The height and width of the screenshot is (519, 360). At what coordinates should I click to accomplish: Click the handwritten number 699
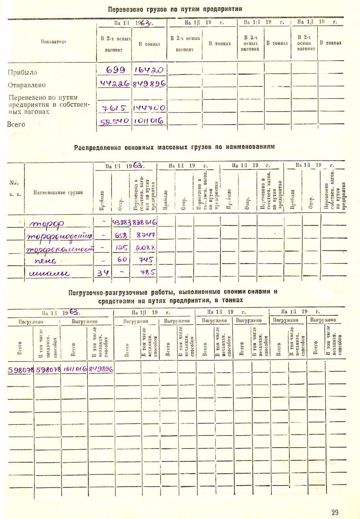116,70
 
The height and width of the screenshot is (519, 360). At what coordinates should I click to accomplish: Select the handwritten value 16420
149,70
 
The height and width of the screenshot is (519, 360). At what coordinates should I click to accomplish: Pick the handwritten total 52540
115,121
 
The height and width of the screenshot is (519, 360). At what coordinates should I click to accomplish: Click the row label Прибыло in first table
22,72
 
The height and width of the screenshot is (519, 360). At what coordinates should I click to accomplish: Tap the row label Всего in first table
16,125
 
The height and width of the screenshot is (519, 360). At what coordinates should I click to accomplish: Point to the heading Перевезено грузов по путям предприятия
175,9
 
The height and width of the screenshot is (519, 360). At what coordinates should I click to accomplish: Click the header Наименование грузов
58,192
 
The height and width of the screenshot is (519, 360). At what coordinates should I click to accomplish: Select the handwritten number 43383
122,223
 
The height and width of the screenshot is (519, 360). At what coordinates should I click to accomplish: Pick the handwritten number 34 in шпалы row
103,273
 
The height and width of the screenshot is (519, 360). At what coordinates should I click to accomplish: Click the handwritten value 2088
145,248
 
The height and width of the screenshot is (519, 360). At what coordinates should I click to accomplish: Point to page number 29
335,512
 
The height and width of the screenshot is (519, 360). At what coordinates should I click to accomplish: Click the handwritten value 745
145,260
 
